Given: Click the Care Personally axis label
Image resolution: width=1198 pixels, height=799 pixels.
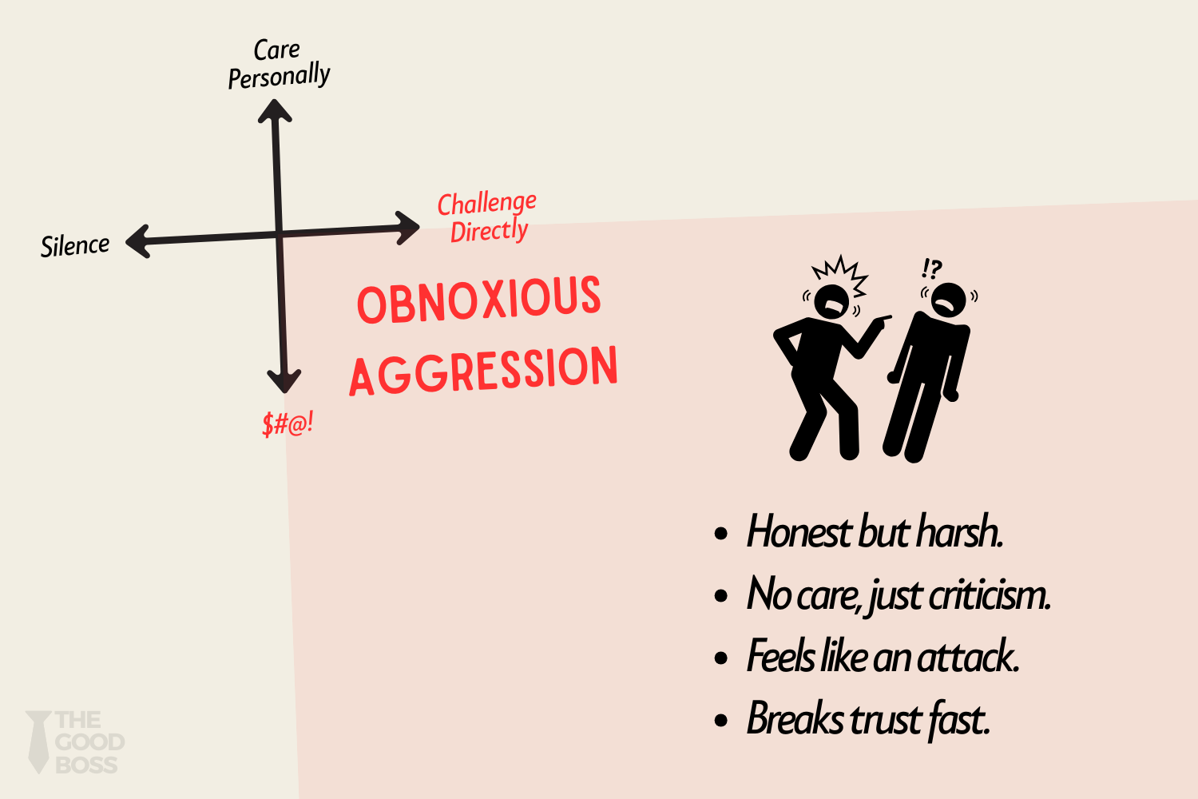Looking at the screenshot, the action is (279, 64).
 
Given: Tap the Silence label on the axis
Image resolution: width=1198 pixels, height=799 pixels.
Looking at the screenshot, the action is (75, 245).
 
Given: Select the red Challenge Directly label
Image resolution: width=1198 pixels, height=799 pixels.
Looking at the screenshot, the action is (487, 217).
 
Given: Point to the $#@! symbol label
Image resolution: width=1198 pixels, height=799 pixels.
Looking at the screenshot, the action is (288, 423).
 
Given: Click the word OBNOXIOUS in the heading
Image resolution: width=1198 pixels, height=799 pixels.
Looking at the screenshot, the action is (478, 300).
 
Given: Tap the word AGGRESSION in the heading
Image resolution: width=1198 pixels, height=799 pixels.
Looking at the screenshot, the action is (483, 371).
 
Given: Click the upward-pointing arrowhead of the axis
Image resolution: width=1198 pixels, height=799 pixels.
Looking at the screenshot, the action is (275, 110).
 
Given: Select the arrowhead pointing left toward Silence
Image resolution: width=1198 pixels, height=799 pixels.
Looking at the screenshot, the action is (138, 240).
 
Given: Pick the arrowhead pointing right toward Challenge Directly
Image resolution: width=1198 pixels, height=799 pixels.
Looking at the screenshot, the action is (408, 228).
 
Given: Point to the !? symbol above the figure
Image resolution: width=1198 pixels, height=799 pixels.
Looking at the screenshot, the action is (931, 268).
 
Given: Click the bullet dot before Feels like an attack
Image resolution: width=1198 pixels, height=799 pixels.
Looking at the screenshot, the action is (722, 658).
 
